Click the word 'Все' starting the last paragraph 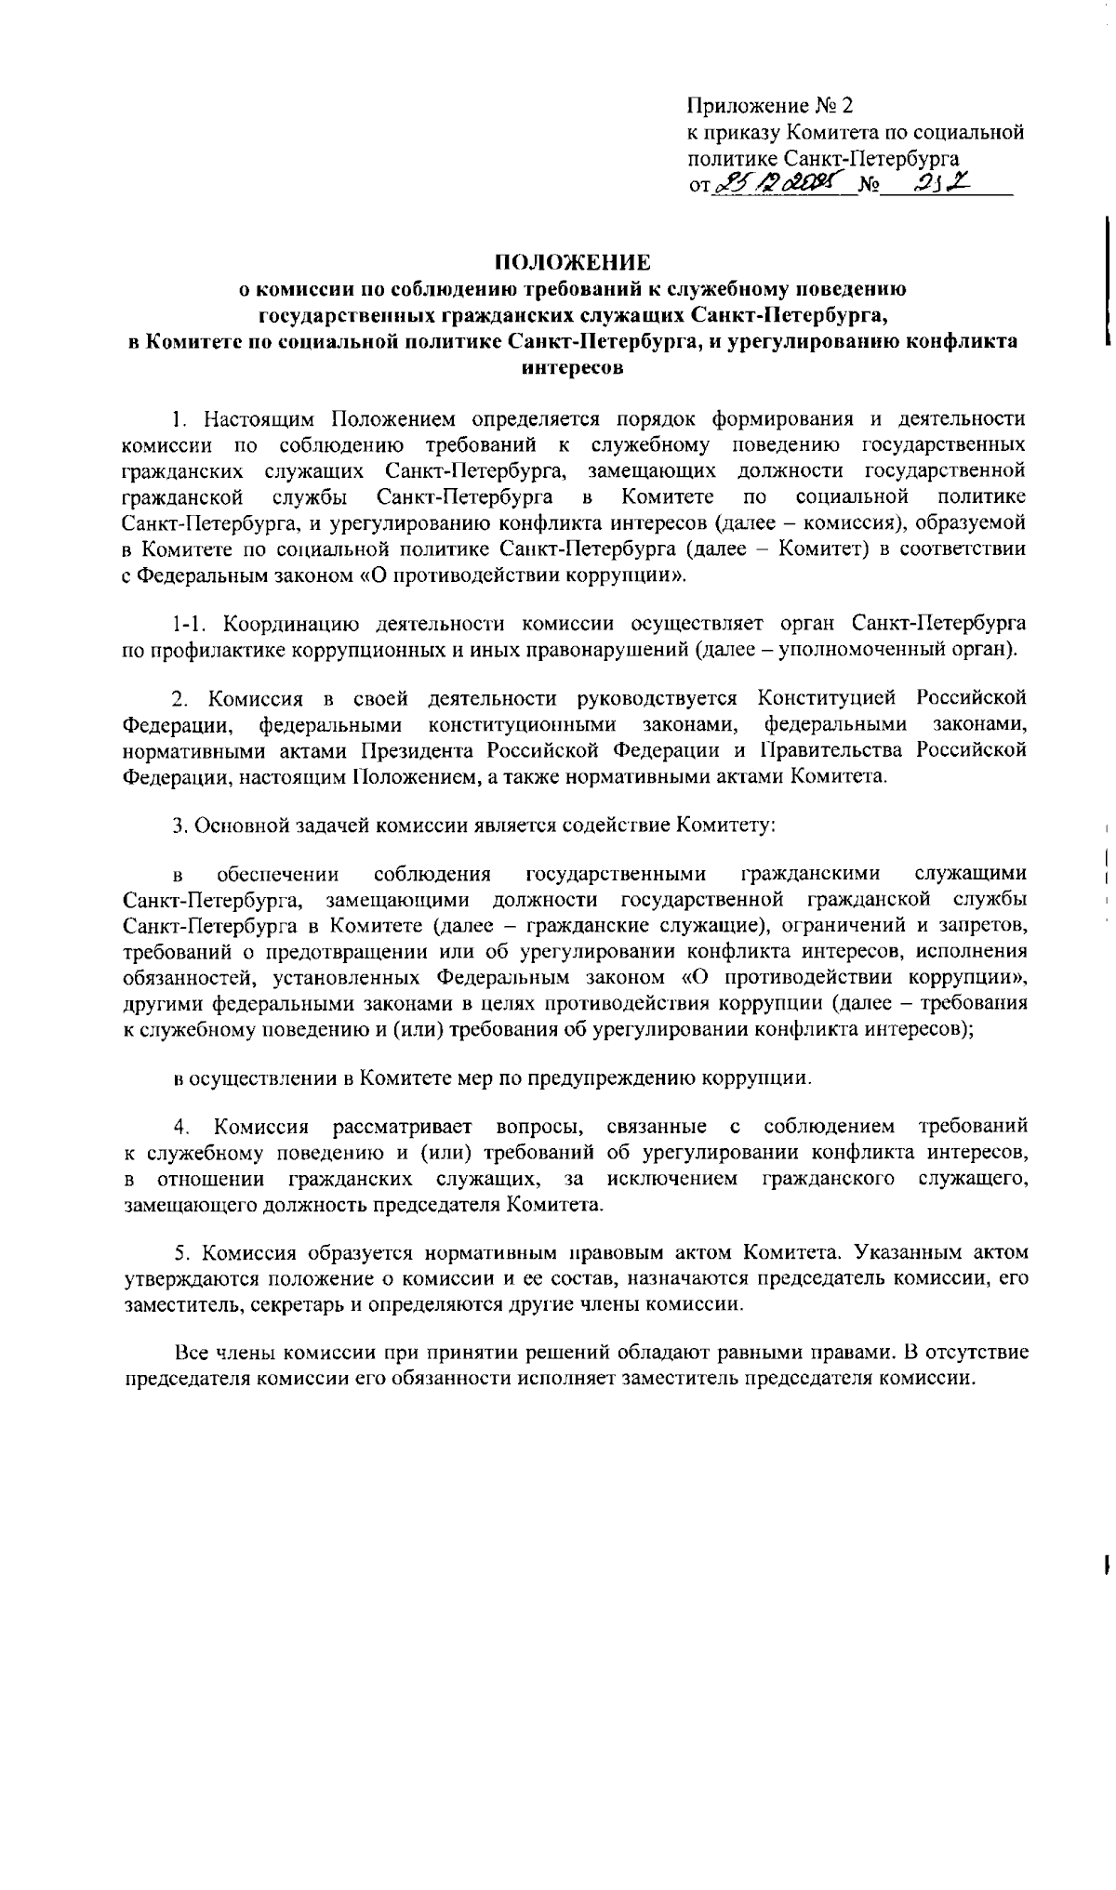pyautogui.click(x=193, y=1352)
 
